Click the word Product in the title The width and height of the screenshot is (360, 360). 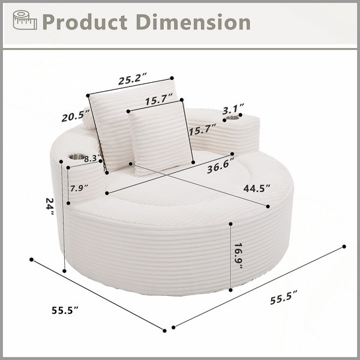click(85, 22)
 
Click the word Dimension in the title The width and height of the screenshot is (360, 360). click(193, 22)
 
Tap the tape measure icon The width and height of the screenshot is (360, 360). click(25, 20)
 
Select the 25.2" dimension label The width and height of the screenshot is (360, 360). click(133, 79)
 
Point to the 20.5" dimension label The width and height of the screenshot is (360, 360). click(76, 115)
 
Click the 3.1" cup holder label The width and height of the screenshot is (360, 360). click(233, 109)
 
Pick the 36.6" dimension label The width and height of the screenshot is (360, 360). click(220, 166)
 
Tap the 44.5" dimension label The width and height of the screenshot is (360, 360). click(257, 188)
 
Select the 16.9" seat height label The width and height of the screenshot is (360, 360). click(239, 256)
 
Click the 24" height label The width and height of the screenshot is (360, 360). click(50, 206)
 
